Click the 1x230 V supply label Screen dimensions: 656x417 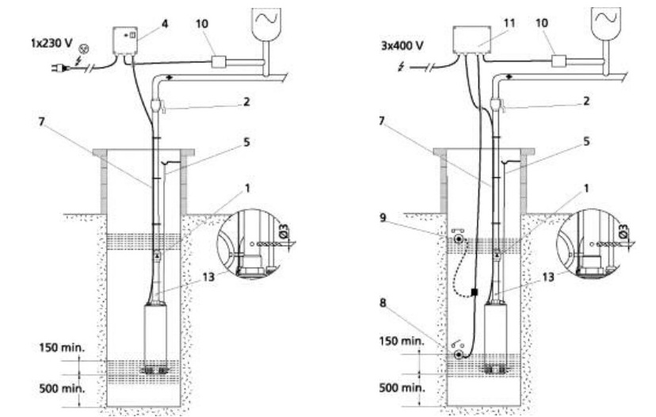[51, 43]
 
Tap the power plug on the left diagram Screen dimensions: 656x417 [56, 67]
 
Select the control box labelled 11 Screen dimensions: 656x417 [471, 40]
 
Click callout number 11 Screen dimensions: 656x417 [509, 23]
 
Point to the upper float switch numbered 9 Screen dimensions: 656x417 [460, 239]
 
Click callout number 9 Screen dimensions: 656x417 [383, 218]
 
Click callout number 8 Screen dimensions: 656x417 [383, 303]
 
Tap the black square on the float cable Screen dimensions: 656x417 [474, 292]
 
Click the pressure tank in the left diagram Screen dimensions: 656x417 [266, 25]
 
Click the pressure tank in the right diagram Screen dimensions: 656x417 [606, 25]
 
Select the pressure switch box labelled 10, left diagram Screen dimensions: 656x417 [219, 62]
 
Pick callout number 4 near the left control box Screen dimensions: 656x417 [165, 24]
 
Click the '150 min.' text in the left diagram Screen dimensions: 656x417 [62, 347]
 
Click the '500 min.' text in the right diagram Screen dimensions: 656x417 [402, 388]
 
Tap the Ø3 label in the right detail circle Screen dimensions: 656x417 [623, 231]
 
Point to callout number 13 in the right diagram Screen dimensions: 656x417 [548, 277]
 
